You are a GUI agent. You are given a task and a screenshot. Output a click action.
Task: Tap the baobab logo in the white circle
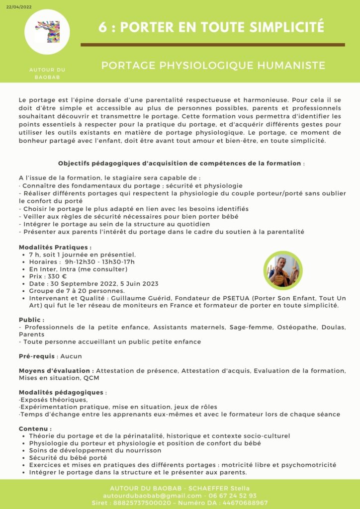pos(50,31)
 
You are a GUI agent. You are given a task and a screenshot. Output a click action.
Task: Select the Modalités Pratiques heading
pos(55,247)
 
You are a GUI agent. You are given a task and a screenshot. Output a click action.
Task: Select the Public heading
pos(31,320)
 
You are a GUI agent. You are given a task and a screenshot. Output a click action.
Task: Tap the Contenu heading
pos(35,428)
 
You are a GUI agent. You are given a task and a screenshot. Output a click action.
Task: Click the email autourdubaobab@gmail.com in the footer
pos(152,496)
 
